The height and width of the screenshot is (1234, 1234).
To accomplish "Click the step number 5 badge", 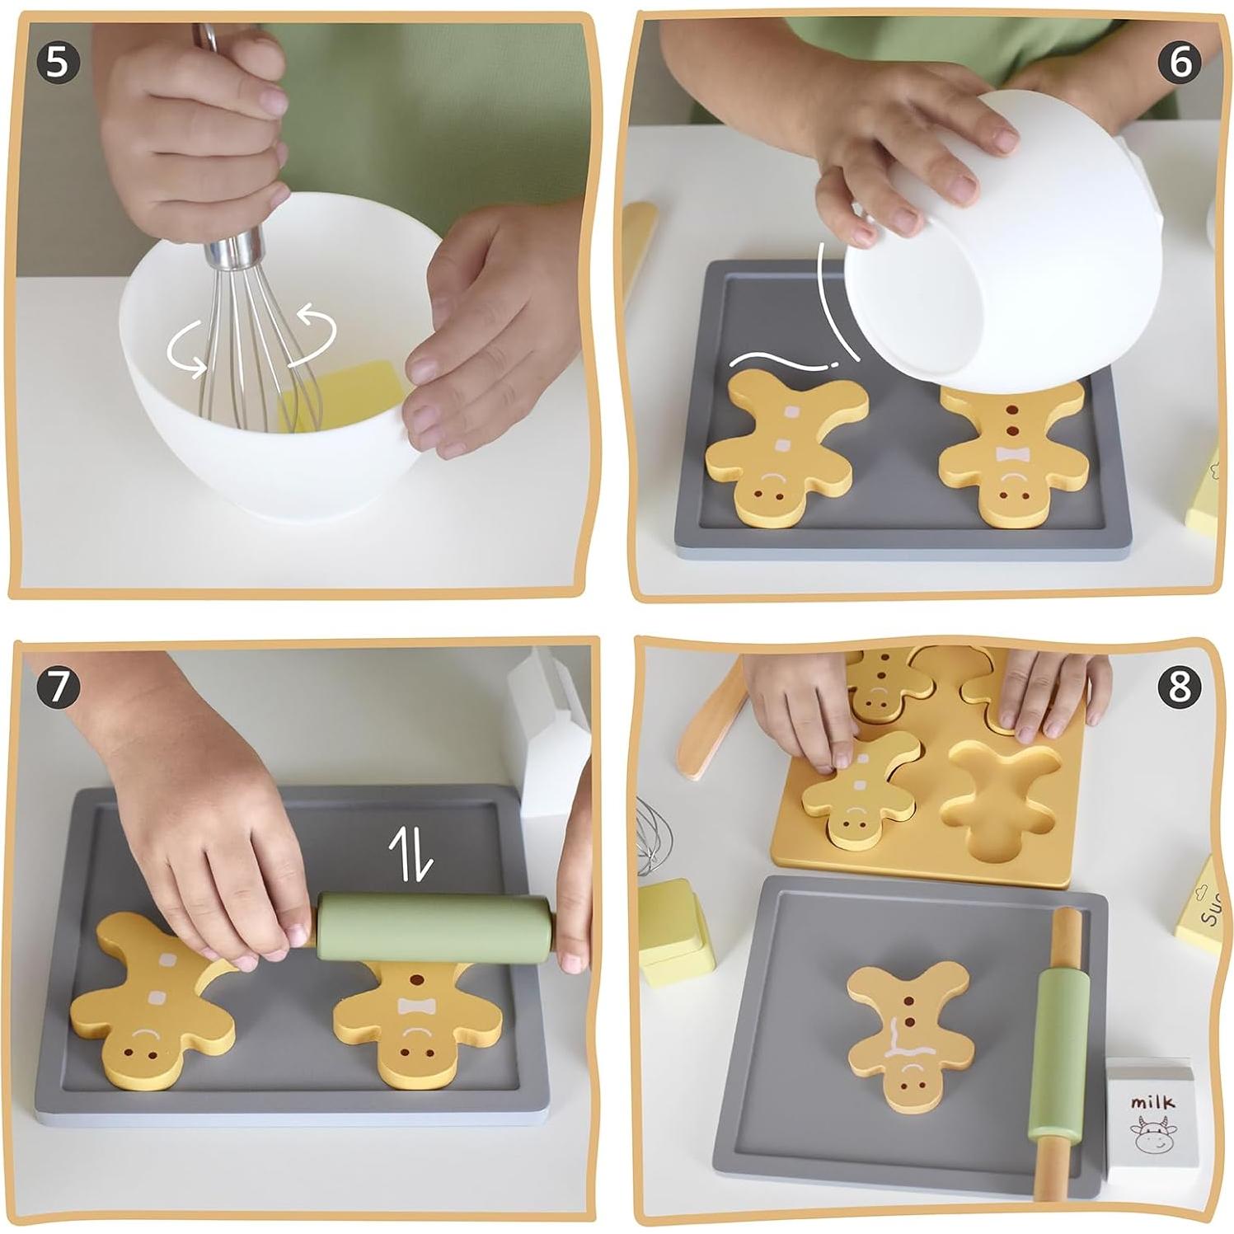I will [56, 62].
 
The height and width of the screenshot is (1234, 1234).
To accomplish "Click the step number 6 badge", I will [1180, 62].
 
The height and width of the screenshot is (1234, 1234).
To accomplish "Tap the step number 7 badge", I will [56, 688].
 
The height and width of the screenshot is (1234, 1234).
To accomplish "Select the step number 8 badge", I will [1180, 686].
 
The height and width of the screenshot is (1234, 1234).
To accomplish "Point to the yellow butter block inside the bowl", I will [346, 394].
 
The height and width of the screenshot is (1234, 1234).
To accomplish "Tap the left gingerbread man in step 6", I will [783, 445].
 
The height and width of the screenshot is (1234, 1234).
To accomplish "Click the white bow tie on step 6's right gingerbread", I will [1011, 454].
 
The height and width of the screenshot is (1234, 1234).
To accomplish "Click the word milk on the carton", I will [1152, 1102].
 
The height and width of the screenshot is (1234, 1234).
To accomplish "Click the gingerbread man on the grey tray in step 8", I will [907, 1030].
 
